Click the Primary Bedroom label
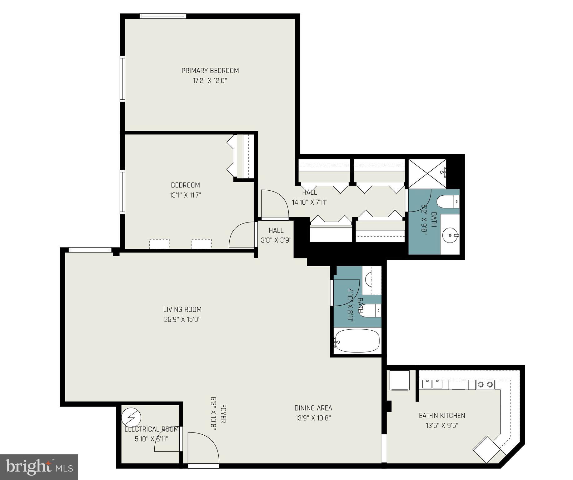click(210, 71)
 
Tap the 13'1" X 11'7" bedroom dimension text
click(185, 195)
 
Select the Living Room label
click(182, 309)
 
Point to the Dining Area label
click(313, 408)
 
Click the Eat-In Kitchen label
click(442, 415)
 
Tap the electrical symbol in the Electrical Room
click(131, 417)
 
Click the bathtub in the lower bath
click(357, 341)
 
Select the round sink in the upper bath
click(450, 234)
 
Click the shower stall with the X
click(427, 173)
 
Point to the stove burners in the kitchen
click(485, 384)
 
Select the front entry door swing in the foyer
click(202, 449)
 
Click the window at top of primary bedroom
click(163, 16)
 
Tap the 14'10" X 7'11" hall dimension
click(309, 202)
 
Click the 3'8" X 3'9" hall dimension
click(276, 240)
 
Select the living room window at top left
click(90, 250)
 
